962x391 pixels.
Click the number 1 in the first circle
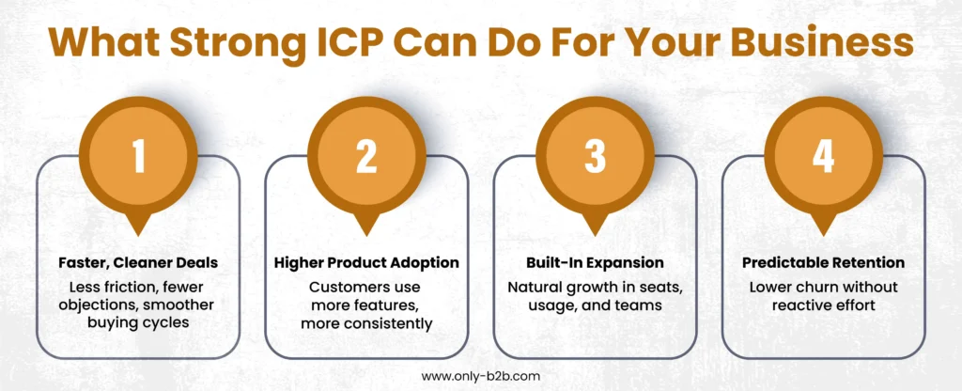[139, 157]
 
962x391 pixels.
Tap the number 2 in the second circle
[366, 157]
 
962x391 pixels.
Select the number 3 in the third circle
[595, 157]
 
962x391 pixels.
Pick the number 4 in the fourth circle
[823, 157]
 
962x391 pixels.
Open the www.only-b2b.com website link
[481, 375]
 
